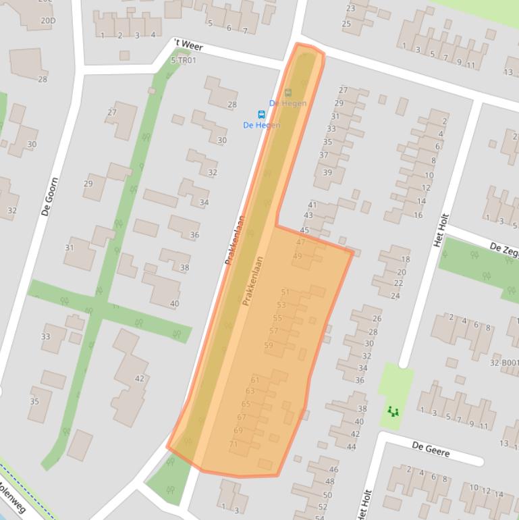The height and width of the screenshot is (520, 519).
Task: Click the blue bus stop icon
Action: (x=261, y=114)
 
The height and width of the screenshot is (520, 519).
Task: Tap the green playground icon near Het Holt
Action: (x=393, y=411)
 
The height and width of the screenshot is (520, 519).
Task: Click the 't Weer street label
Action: (x=188, y=45)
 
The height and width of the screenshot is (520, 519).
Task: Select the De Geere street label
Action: (x=430, y=448)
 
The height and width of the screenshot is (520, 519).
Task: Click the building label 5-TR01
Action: (x=183, y=60)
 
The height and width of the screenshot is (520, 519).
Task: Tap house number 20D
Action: (x=48, y=21)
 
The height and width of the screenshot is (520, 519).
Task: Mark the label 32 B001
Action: (x=505, y=363)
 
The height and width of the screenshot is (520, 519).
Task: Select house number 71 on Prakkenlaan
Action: (x=234, y=444)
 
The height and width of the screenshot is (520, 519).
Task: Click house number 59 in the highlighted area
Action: (x=269, y=345)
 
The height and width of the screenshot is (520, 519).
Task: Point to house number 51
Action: (x=285, y=292)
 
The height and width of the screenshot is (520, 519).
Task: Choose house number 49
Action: (x=298, y=256)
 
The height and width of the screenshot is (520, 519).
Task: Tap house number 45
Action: (x=304, y=230)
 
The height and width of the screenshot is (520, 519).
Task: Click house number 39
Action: (x=327, y=172)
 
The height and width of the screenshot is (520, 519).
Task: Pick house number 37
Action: (x=323, y=155)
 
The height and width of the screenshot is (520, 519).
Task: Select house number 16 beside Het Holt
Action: (x=418, y=215)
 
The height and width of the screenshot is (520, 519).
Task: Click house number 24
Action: (x=395, y=296)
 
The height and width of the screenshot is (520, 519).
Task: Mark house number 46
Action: (x=333, y=469)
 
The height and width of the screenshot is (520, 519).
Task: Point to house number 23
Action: (x=350, y=9)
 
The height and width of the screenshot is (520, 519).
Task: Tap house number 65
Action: (x=246, y=404)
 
